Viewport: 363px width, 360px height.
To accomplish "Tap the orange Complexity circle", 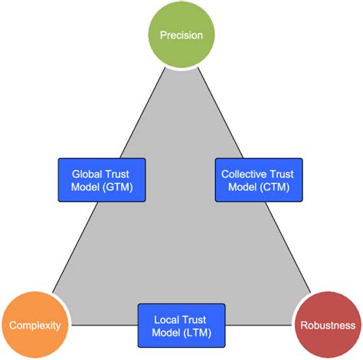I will (x=34, y=326).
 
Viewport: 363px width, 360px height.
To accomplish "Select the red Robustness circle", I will (x=327, y=326).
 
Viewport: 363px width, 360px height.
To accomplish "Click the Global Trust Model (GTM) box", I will (x=101, y=180).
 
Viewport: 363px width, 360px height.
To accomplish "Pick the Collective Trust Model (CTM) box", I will (x=259, y=180).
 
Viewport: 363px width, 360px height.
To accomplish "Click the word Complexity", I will (x=34, y=326).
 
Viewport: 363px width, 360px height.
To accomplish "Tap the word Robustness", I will (x=327, y=326).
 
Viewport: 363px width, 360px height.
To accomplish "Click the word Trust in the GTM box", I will (x=119, y=173).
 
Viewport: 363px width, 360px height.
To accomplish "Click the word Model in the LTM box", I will (x=165, y=333).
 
